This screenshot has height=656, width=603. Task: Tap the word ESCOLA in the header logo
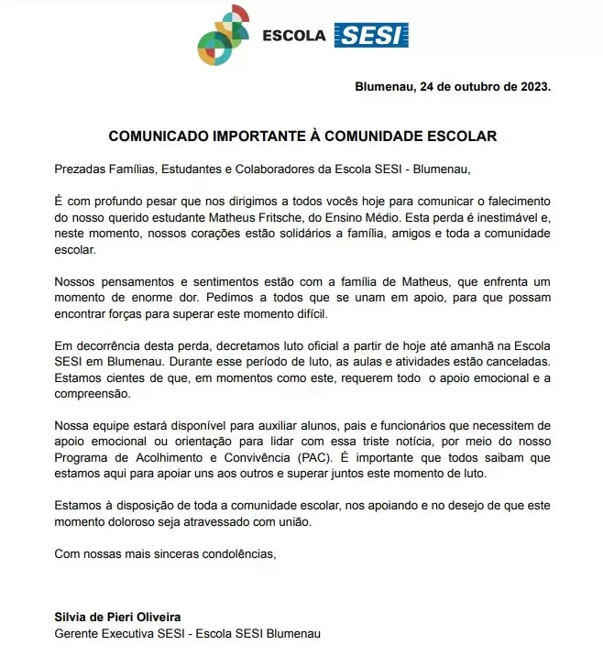(293, 37)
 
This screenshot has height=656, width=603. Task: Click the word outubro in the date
(464, 88)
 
